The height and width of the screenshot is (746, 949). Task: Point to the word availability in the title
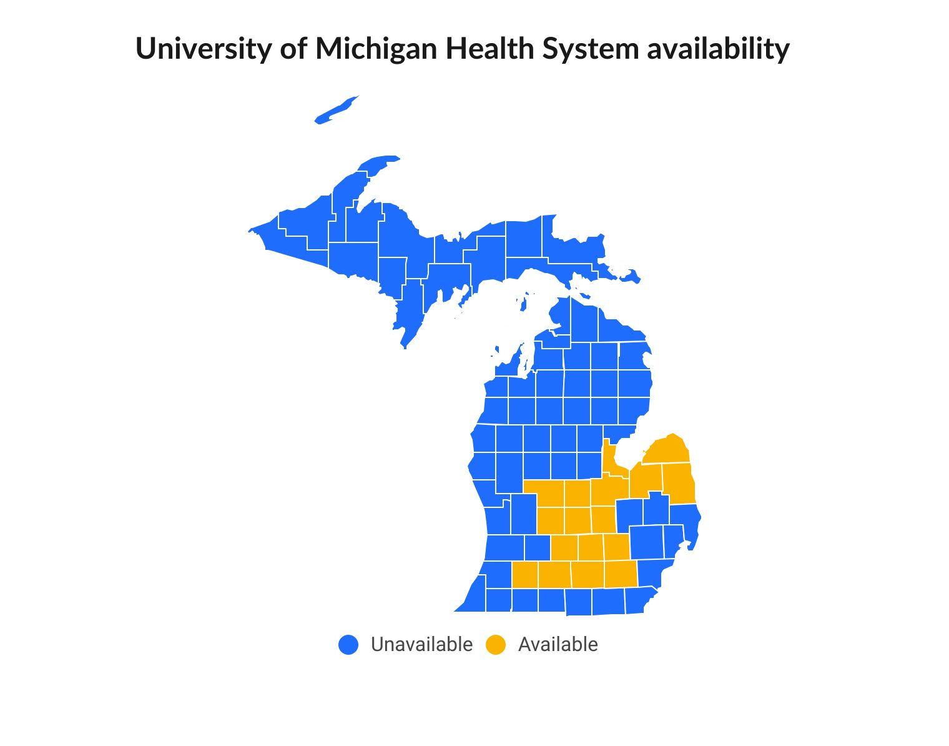(x=718, y=49)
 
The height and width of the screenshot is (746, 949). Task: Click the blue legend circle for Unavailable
(x=348, y=645)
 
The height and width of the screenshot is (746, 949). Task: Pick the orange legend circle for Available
(x=496, y=645)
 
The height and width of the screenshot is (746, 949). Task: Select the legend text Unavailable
(x=421, y=645)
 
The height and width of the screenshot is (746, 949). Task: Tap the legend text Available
(x=558, y=645)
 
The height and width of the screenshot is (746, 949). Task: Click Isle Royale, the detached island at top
(x=337, y=109)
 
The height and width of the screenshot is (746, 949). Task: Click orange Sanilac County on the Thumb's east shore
(x=677, y=483)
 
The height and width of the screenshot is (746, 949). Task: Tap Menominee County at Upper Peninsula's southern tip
(x=412, y=312)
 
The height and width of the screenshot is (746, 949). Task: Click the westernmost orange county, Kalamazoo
(x=524, y=575)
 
